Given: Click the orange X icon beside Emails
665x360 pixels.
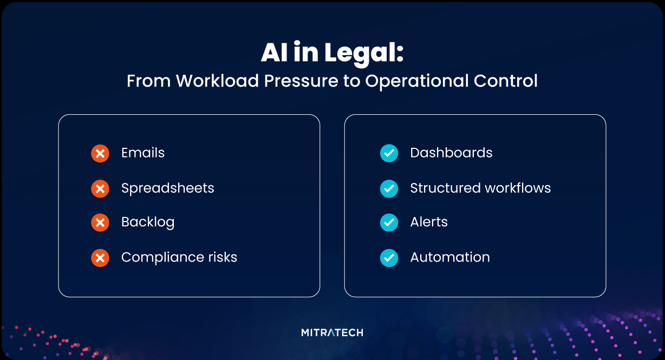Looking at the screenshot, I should click(100, 154).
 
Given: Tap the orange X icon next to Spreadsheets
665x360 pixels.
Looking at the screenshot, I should click(100, 189).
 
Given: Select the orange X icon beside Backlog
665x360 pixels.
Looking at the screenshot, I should click(100, 222).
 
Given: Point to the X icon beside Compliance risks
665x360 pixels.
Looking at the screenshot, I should click(100, 258).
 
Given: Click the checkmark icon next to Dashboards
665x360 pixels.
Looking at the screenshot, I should click(389, 154).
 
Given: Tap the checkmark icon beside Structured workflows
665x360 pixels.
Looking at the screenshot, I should click(389, 189).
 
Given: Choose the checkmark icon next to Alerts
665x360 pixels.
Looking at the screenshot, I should click(389, 222).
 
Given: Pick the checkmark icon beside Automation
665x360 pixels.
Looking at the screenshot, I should click(389, 258).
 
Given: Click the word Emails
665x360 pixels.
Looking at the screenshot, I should click(143, 153).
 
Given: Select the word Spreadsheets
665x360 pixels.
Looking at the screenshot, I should click(168, 188).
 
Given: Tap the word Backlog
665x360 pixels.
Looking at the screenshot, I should click(148, 222).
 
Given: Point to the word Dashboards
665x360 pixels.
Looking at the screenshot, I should click(451, 153).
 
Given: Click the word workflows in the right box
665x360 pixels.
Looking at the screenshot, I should click(516, 188).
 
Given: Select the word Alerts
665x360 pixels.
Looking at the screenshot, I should click(429, 222).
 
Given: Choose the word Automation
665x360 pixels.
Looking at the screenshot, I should click(450, 257).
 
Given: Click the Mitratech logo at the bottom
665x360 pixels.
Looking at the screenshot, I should click(332, 332).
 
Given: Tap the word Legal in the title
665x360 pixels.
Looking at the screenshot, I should click(364, 54).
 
